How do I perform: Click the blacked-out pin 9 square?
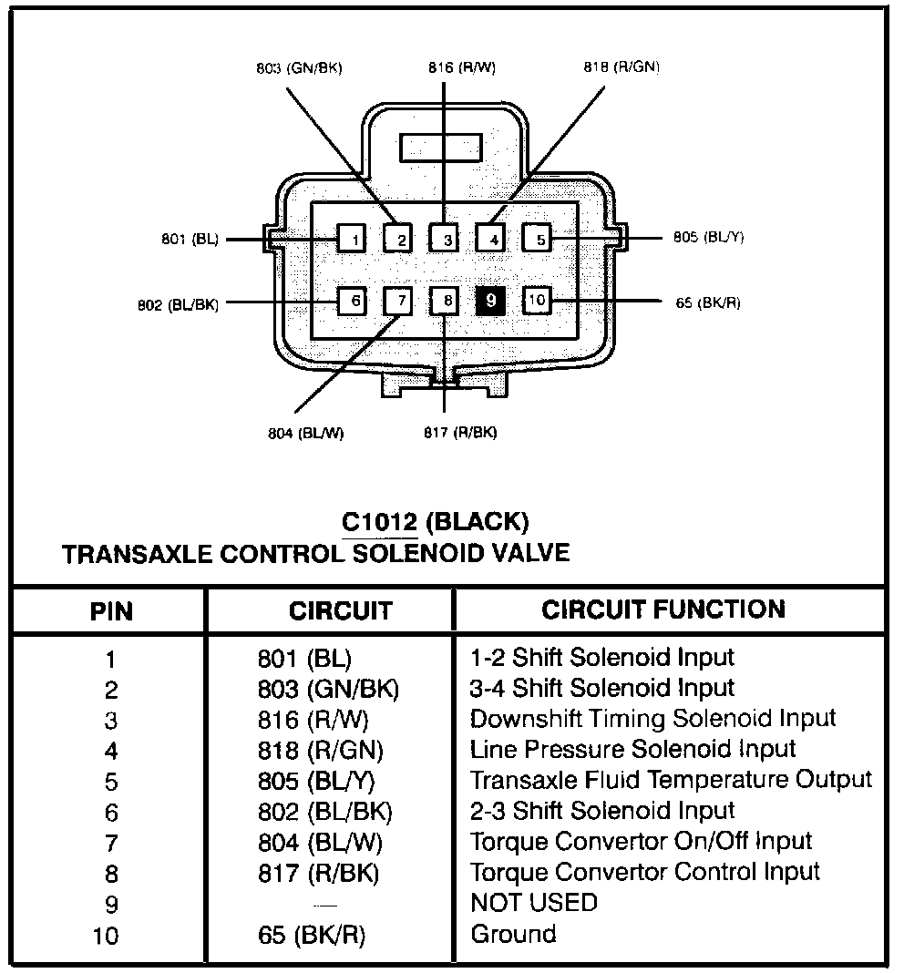(490, 300)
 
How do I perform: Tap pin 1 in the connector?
(352, 239)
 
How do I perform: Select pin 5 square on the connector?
(539, 239)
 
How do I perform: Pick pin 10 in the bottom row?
(538, 300)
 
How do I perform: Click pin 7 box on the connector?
(398, 300)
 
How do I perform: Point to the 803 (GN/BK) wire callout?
(299, 68)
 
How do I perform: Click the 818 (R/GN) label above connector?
(621, 68)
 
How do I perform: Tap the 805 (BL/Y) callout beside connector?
(709, 238)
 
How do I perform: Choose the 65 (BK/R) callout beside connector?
(708, 302)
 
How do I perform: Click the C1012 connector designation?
(379, 522)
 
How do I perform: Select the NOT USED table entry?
(534, 903)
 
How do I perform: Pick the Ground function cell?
(513, 934)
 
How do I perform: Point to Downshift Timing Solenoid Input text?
(652, 718)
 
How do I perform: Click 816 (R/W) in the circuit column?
(313, 720)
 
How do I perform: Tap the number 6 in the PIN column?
(111, 813)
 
